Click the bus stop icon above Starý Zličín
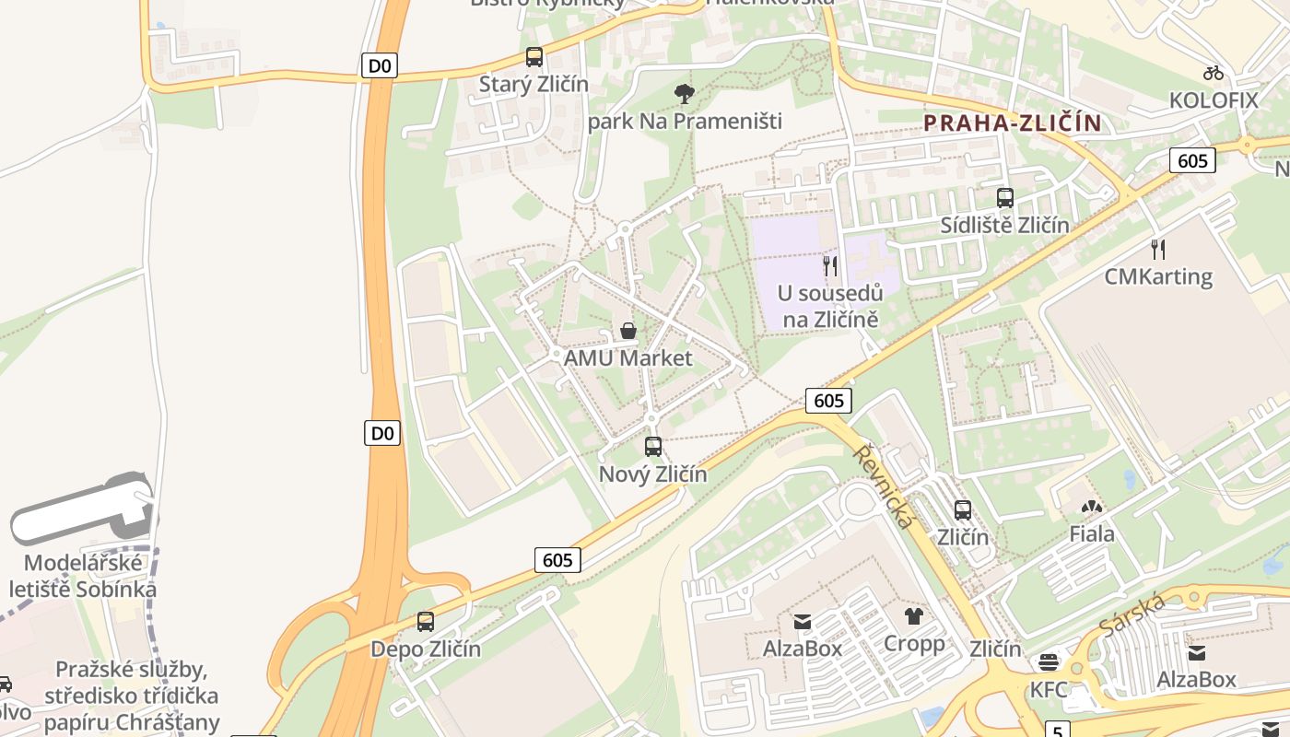pyautogui.click(x=534, y=57)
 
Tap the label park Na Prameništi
pyautogui.click(x=685, y=121)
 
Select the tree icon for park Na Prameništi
pyautogui.click(x=684, y=93)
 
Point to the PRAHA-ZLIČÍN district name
pyautogui.click(x=1013, y=123)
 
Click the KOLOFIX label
pyautogui.click(x=1214, y=99)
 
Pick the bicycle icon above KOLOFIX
pyautogui.click(x=1214, y=73)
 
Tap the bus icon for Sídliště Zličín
pyautogui.click(x=1005, y=198)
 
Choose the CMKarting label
pyautogui.click(x=1158, y=275)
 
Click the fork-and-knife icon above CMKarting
pyautogui.click(x=1158, y=249)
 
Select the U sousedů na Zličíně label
pyautogui.click(x=830, y=307)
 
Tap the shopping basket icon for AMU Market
pyautogui.click(x=628, y=331)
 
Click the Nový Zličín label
pyautogui.click(x=653, y=474)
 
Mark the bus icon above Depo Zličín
pyautogui.click(x=425, y=622)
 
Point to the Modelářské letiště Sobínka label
pyautogui.click(x=83, y=576)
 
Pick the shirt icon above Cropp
pyautogui.click(x=913, y=616)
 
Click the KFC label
pyautogui.click(x=1049, y=689)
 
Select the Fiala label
pyautogui.click(x=1092, y=533)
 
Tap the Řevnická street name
pyautogui.click(x=885, y=486)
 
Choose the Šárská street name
pyautogui.click(x=1132, y=615)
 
